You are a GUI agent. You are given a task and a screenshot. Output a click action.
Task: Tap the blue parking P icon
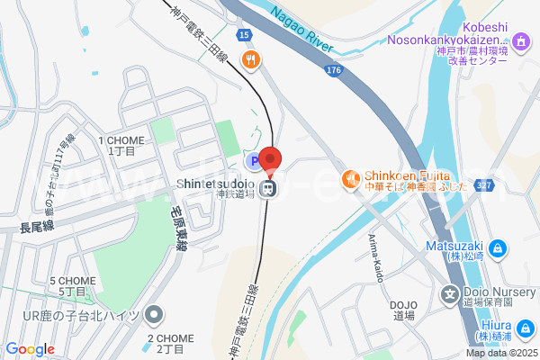255,161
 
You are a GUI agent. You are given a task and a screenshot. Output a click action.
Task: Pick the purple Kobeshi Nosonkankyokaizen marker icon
521,41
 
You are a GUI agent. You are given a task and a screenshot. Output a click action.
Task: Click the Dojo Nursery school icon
450,294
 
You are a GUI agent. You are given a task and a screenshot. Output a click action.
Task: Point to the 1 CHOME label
121,140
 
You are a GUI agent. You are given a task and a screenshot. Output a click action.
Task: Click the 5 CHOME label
73,282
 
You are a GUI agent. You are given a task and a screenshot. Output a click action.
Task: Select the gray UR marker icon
155,315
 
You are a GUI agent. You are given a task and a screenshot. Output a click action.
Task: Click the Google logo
30,349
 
